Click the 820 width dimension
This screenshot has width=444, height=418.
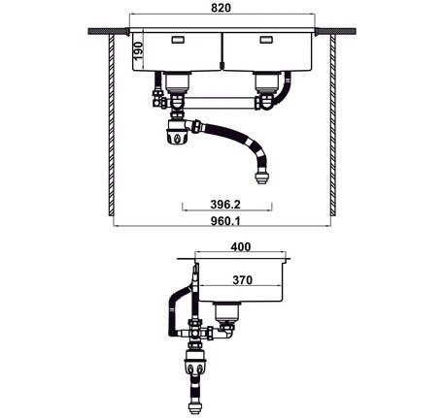222,9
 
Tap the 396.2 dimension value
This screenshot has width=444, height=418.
226,205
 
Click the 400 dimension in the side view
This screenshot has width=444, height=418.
241,247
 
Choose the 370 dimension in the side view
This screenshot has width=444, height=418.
242,280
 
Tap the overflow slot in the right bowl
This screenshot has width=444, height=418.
265,41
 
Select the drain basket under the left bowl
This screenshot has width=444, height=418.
178,84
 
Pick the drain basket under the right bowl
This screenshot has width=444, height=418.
265,84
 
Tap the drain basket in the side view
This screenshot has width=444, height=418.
227,312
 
